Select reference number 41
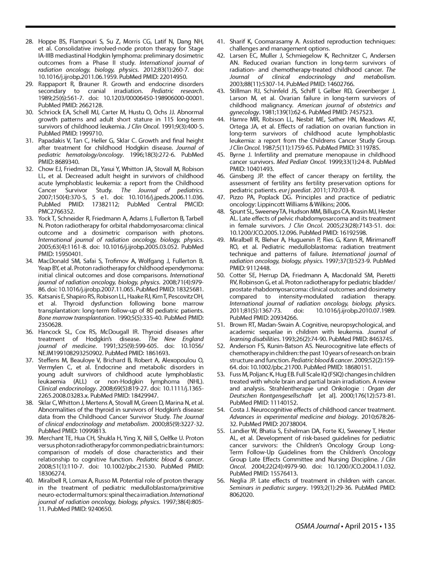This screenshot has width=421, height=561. [x=220, y=42]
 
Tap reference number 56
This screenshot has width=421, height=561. [x=220, y=480]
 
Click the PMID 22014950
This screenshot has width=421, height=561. [x=173, y=77]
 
